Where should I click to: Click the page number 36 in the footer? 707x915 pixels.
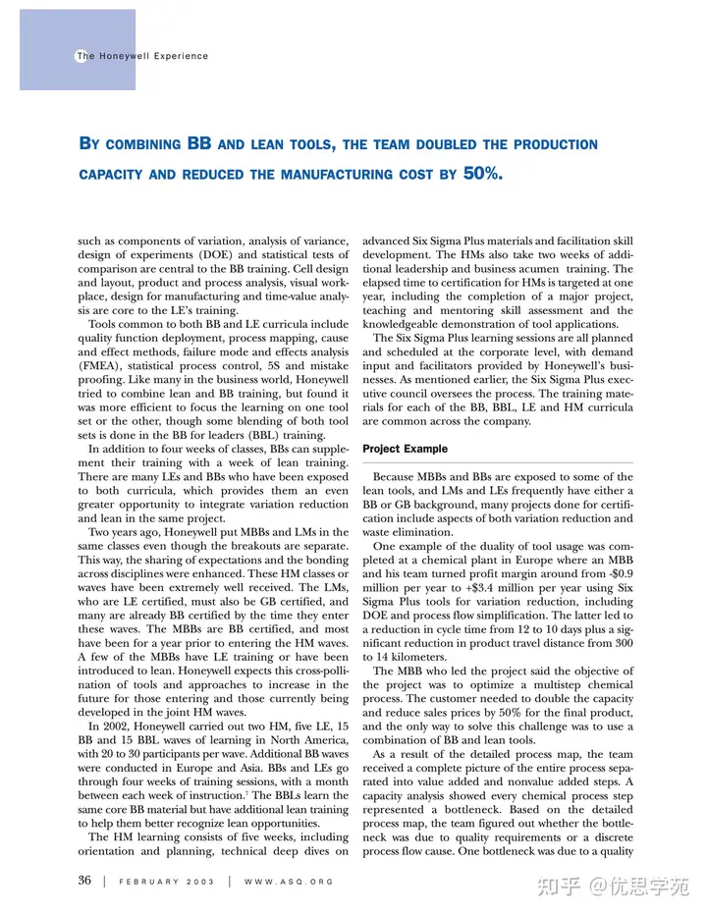tap(84, 881)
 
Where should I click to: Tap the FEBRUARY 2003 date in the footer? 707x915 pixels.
tap(160, 882)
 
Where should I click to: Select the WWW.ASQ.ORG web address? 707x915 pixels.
tap(288, 882)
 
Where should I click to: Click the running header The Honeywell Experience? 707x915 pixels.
tap(142, 56)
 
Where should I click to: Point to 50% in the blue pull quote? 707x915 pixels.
tap(482, 174)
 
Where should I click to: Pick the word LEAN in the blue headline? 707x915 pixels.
tap(259, 144)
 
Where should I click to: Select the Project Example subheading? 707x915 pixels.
tap(406, 449)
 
